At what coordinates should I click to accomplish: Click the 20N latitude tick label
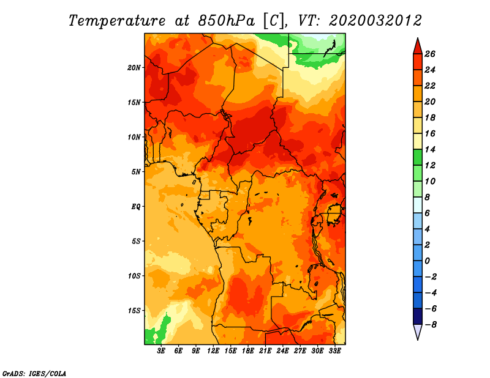tap(134, 68)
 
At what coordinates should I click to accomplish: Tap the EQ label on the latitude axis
tap(136, 207)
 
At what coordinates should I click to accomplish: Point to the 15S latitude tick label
tap(134, 311)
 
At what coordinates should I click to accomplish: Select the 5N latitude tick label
tap(136, 172)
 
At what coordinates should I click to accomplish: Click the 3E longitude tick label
tap(161, 350)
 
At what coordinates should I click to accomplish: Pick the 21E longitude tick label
tap(265, 350)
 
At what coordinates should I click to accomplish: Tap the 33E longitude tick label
tap(334, 350)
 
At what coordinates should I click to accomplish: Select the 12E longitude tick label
tap(213, 350)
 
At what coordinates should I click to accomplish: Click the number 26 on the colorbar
tap(430, 54)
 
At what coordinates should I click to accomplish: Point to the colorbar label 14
tap(430, 149)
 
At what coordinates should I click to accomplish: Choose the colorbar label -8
tap(430, 325)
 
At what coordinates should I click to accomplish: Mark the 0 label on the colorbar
tap(428, 261)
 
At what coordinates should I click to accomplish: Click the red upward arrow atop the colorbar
tap(418, 46)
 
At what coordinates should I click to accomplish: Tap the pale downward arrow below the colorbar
tap(418, 332)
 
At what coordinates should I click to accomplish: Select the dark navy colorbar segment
tap(418, 316)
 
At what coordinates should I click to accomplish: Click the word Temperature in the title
tap(117, 21)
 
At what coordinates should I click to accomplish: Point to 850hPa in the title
tap(226, 21)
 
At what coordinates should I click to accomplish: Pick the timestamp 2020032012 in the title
tap(375, 21)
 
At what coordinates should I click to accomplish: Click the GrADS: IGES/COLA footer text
tap(34, 374)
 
